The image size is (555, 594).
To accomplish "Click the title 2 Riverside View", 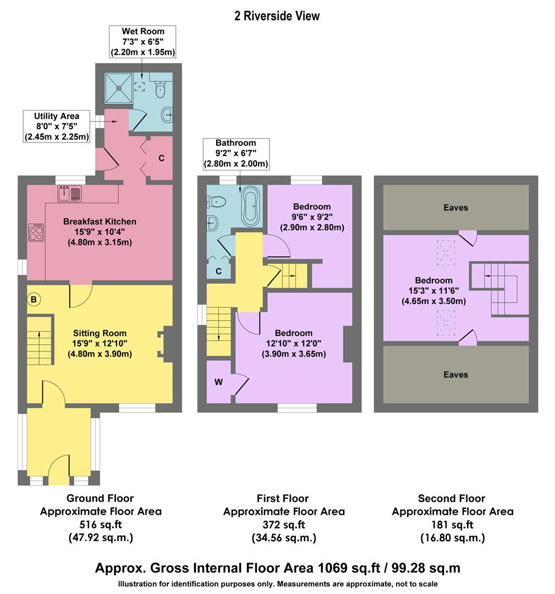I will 277,16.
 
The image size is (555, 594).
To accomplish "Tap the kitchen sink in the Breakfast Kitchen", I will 69,193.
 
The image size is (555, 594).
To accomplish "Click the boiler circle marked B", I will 34,299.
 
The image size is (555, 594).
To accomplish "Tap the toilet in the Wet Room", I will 161,89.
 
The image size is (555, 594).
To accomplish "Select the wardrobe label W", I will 218,382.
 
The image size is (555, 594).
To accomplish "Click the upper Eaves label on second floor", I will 455,207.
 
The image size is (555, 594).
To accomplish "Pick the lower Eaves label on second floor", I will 455,375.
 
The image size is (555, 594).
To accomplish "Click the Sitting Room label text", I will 100,333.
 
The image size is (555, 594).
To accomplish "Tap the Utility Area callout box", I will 57,127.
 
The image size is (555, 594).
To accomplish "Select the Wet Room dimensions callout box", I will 144,42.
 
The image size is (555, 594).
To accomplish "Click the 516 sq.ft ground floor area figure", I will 100,524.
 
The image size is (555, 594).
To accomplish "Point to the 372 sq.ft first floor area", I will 283,524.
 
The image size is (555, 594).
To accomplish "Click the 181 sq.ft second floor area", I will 452,524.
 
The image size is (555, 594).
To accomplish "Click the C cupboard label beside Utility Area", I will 161,158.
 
